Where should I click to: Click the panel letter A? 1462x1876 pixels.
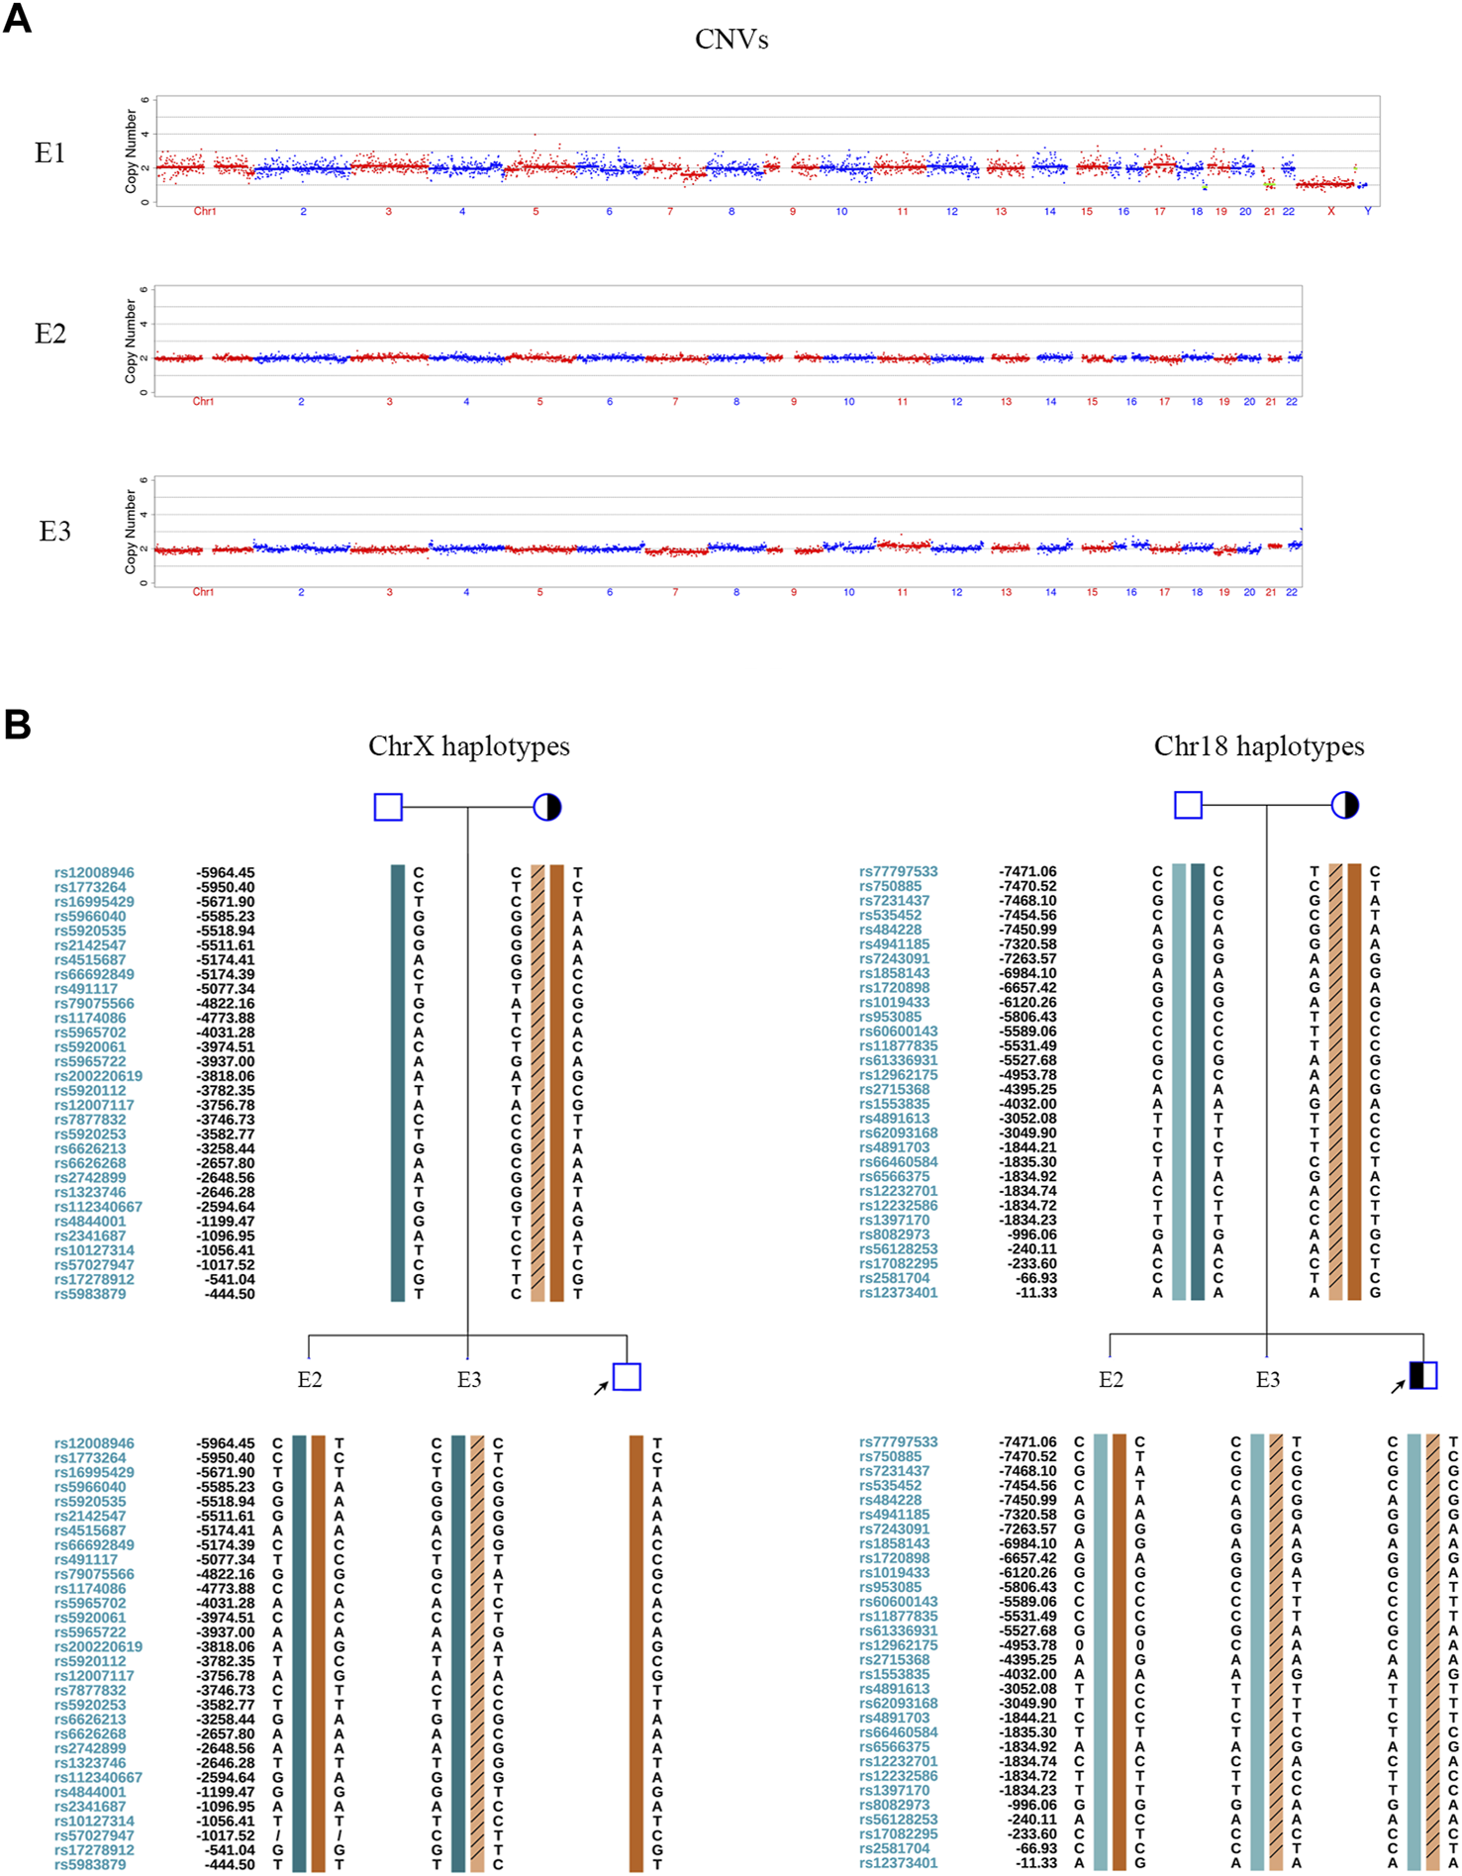18,19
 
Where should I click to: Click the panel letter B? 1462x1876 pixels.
18,725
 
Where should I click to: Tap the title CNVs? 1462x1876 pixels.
731,40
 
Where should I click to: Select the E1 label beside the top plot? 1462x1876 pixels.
49,152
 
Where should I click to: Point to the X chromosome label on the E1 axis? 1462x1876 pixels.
1330,212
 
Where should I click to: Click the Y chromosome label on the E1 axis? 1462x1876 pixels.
1368,212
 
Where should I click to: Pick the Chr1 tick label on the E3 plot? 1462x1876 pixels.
203,592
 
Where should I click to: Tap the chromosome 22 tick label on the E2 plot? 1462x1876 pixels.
1292,402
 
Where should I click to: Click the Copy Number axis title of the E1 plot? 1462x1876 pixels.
132,150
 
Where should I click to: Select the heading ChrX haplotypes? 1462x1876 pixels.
469,746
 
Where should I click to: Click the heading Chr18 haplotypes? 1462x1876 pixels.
1259,746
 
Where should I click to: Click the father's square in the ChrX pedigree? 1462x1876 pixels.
388,807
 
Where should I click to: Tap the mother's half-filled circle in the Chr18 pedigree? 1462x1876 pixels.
1345,806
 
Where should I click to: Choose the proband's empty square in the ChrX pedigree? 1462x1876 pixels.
627,1376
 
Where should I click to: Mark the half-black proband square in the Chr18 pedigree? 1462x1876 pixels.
1423,1375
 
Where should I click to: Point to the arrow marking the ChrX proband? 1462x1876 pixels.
601,1388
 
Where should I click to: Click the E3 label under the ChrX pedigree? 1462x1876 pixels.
469,1380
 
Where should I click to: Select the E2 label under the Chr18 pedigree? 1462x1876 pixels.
1111,1380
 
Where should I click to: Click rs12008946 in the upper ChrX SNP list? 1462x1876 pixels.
94,873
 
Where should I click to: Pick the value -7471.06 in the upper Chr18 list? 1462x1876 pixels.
1027,872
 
